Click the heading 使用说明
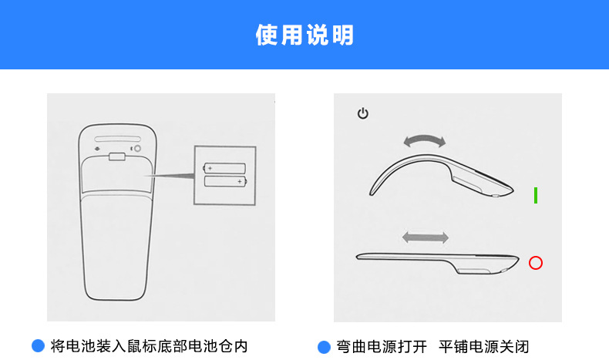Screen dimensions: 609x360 [x=304, y=35]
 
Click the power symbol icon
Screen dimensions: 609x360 [x=363, y=114]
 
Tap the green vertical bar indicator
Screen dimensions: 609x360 [x=536, y=195]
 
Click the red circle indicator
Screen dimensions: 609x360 [x=536, y=263]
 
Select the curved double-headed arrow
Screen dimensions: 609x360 [x=425, y=141]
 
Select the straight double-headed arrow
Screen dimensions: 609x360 [x=425, y=237]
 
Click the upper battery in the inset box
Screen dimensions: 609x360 [x=224, y=167]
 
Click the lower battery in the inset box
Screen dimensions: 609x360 [x=224, y=182]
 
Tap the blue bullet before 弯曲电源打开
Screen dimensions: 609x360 [x=324, y=346]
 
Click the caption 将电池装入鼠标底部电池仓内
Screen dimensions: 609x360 [x=149, y=346]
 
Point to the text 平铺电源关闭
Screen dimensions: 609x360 [x=484, y=346]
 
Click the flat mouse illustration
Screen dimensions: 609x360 [x=436, y=261]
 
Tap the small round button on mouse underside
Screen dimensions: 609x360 [x=138, y=148]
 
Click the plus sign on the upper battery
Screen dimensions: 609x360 [x=209, y=167]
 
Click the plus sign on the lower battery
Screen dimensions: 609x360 [x=240, y=182]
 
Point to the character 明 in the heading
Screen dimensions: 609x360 [x=343, y=35]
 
